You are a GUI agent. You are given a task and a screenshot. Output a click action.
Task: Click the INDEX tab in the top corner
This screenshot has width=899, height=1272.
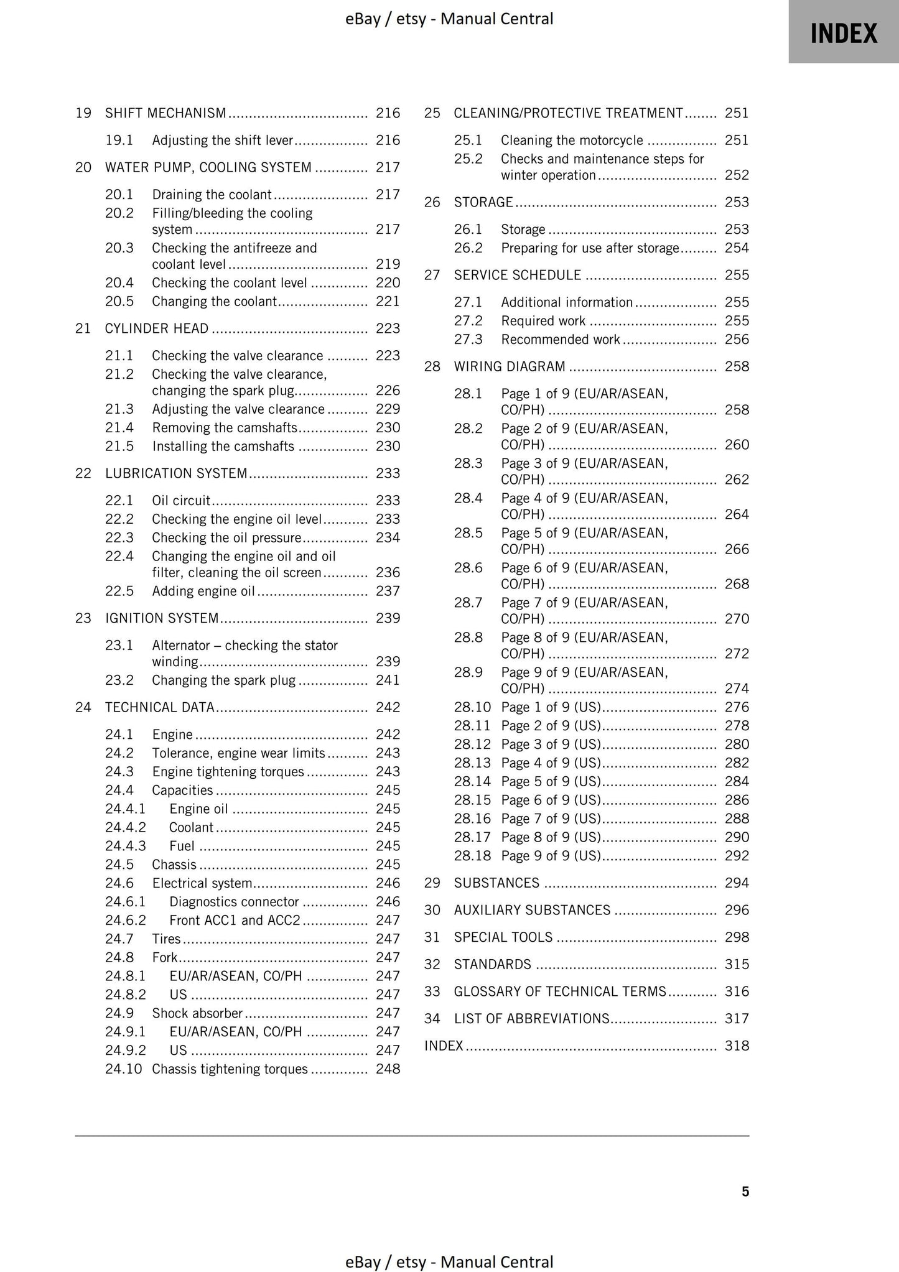[x=843, y=33]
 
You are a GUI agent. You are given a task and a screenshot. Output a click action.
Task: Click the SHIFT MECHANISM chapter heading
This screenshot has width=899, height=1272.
[x=165, y=113]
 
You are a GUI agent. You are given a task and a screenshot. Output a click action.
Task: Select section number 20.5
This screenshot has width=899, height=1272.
[x=119, y=302]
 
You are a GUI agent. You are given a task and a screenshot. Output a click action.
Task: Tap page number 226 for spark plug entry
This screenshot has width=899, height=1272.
[x=388, y=391]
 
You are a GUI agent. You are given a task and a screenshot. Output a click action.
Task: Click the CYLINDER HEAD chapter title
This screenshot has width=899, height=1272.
[x=157, y=328]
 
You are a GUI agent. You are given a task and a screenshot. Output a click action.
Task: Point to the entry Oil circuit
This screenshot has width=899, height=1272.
[x=181, y=501]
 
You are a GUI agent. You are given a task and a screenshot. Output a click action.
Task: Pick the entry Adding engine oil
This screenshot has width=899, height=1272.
[x=203, y=592]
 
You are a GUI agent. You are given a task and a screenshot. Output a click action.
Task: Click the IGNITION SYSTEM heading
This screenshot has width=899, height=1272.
[x=162, y=618]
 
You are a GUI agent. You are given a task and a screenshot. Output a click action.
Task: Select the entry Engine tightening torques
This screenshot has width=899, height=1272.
[x=228, y=772]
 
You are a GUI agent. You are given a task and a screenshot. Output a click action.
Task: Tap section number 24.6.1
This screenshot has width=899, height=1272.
[x=125, y=902]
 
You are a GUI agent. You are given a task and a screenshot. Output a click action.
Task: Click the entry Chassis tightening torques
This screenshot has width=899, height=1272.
[x=230, y=1069]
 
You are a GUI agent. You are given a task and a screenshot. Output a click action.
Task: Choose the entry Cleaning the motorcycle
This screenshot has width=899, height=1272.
[x=572, y=141]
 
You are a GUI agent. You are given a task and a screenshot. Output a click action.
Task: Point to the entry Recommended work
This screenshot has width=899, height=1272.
[x=561, y=340]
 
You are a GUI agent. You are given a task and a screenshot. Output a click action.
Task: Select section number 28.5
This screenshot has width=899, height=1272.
[x=468, y=533]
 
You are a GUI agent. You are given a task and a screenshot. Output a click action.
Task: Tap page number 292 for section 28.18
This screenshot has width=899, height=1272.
[x=737, y=856]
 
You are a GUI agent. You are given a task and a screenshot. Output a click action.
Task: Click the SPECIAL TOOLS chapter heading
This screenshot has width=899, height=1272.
[x=503, y=937]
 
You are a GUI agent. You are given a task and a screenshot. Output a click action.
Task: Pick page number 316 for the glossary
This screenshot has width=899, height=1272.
[x=737, y=991]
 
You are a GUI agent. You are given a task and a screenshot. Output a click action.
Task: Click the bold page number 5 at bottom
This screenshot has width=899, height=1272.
[x=745, y=1192]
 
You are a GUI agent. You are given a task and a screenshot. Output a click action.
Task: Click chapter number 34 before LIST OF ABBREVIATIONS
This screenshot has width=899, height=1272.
[x=432, y=1019]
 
